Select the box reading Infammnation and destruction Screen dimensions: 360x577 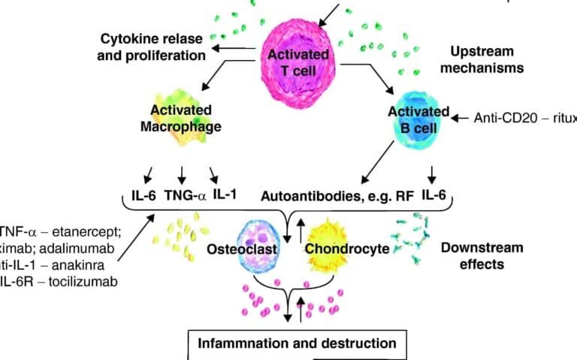[x=296, y=343]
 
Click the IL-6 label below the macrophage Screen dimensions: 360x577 [x=138, y=197]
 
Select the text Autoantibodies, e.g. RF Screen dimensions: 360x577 [x=335, y=197]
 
